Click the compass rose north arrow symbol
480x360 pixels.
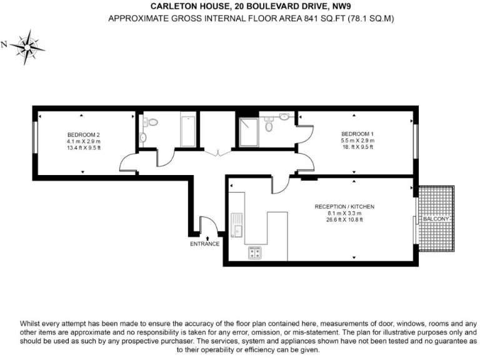tap(26, 44)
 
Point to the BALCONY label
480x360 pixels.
tap(436, 219)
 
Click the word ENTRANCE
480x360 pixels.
tap(204, 244)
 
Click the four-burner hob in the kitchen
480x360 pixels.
tap(255, 252)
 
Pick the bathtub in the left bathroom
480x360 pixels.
tap(187, 131)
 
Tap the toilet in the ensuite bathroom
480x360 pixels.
tap(269, 126)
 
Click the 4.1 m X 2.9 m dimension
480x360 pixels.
tap(84, 141)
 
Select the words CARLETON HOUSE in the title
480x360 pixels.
tap(181, 7)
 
